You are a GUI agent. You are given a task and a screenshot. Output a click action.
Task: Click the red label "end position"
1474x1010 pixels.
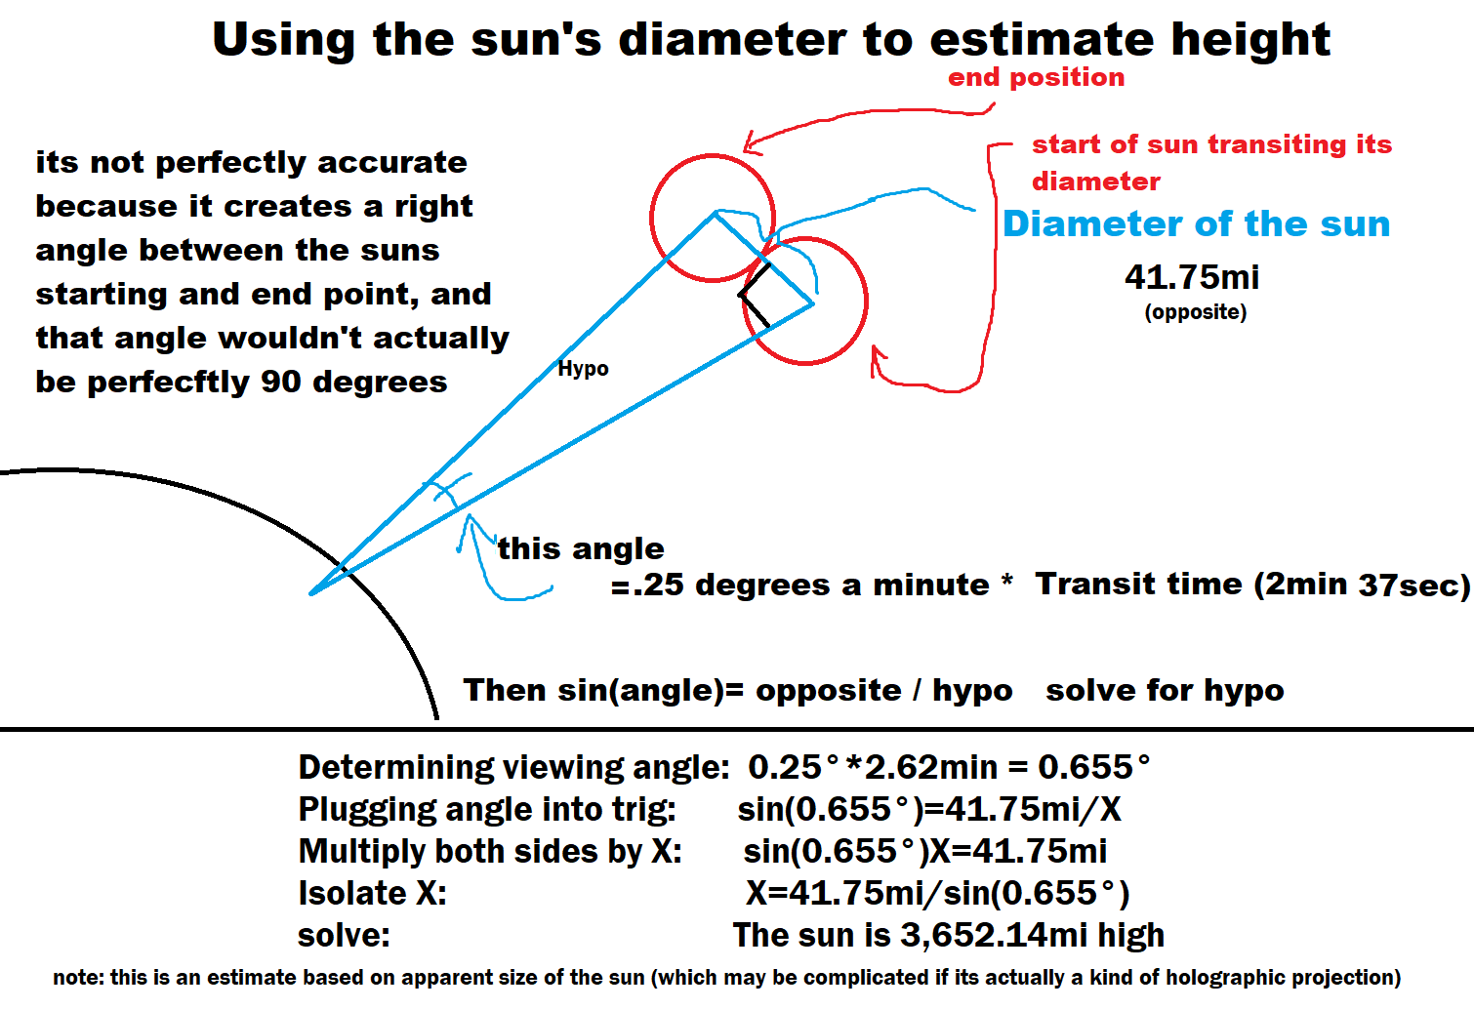(1037, 78)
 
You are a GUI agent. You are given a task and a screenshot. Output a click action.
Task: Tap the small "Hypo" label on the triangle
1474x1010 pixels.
(583, 369)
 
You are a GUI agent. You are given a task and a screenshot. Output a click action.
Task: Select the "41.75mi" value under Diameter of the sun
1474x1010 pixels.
(1192, 277)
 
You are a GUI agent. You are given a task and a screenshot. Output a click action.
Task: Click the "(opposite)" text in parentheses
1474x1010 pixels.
(1196, 312)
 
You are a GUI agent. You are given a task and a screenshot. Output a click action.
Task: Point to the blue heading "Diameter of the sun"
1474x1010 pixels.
(1197, 224)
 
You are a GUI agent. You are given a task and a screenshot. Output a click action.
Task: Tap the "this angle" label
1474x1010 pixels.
(581, 548)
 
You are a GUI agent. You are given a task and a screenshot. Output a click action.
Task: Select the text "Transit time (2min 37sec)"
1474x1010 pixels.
(1252, 585)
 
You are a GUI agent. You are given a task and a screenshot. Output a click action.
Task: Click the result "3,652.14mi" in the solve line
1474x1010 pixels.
(994, 935)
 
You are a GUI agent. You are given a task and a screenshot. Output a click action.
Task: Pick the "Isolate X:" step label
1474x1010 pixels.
(373, 894)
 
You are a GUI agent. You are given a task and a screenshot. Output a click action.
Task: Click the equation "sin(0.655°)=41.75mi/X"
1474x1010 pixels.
(929, 809)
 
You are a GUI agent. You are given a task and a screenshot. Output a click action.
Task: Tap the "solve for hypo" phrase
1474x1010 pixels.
(1165, 691)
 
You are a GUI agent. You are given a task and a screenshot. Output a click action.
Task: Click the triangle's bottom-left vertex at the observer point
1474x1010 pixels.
(310, 593)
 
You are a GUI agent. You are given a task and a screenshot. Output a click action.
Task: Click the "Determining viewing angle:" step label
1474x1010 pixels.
(513, 768)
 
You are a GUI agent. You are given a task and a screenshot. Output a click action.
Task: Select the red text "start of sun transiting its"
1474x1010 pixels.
(1212, 144)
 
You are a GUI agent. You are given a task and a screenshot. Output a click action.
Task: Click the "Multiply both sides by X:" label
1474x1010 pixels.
(490, 852)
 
